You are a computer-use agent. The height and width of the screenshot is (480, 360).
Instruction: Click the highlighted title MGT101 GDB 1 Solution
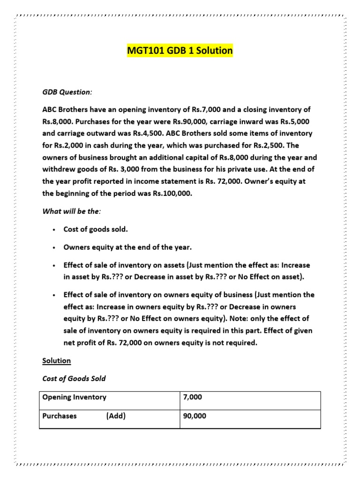click(180, 50)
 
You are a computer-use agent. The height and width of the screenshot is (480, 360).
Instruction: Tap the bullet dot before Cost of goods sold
click(55, 230)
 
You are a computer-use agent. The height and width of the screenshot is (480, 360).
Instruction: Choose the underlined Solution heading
click(57, 360)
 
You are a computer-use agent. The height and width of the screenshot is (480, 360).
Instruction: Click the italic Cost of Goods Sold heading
click(74, 378)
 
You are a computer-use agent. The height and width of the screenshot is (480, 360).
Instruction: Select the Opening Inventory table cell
click(75, 397)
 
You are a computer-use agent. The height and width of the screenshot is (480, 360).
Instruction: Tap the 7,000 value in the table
click(193, 397)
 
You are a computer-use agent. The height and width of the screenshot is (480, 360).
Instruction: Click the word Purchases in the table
click(60, 416)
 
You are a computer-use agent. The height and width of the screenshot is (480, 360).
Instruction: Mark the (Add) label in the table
click(116, 416)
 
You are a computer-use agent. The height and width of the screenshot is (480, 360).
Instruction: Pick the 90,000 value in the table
click(195, 416)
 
